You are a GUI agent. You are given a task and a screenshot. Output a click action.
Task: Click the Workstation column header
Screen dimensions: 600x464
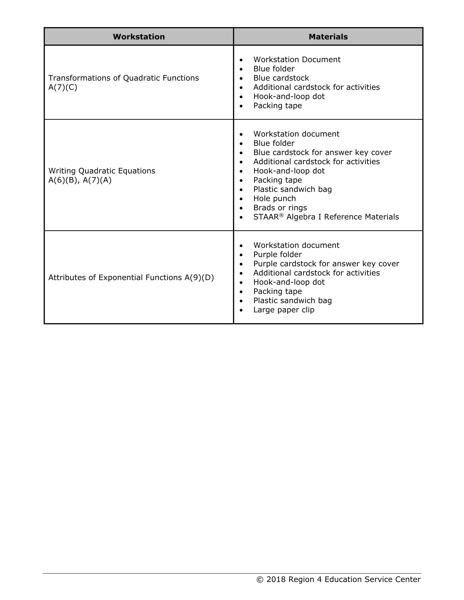[x=139, y=37]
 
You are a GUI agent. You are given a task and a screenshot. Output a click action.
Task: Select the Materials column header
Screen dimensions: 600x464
[x=328, y=37]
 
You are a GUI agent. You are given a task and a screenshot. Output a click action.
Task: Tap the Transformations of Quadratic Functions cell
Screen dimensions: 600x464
[x=124, y=78]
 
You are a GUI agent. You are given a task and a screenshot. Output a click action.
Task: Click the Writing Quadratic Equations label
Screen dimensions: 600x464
[x=102, y=171]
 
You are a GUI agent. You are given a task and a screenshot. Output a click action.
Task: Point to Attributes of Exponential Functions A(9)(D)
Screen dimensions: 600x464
[x=131, y=278]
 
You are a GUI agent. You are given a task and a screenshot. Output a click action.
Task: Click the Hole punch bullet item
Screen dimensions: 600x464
[x=274, y=199]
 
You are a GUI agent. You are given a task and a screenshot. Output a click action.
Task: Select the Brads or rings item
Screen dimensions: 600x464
[x=280, y=208]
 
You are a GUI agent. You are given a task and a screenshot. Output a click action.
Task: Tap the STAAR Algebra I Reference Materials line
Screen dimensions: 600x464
[x=326, y=217]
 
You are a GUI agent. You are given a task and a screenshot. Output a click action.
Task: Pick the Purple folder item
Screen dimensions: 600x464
[x=277, y=254]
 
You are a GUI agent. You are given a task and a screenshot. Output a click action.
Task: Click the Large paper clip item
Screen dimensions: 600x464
[x=283, y=310]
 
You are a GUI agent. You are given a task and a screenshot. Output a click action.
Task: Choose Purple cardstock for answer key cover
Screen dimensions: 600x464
[x=326, y=264]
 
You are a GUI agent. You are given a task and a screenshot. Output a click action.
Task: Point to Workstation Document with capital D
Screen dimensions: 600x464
[x=297, y=60]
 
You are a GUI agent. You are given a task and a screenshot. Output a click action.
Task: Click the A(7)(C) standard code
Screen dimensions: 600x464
[x=63, y=87]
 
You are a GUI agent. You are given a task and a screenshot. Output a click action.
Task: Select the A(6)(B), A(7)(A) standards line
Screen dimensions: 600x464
[x=80, y=180]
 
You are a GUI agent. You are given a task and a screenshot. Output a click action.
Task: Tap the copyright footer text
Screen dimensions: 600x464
[x=338, y=579]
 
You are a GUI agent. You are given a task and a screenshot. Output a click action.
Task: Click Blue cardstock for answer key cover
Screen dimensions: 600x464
[x=322, y=153]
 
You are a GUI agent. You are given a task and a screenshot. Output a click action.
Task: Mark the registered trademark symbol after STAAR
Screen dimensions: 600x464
[x=281, y=215]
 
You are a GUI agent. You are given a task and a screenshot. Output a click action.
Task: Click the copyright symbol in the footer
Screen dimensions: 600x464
[x=260, y=580]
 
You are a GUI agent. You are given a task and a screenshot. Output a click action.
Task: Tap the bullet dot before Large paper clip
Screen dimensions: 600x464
[x=241, y=310]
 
